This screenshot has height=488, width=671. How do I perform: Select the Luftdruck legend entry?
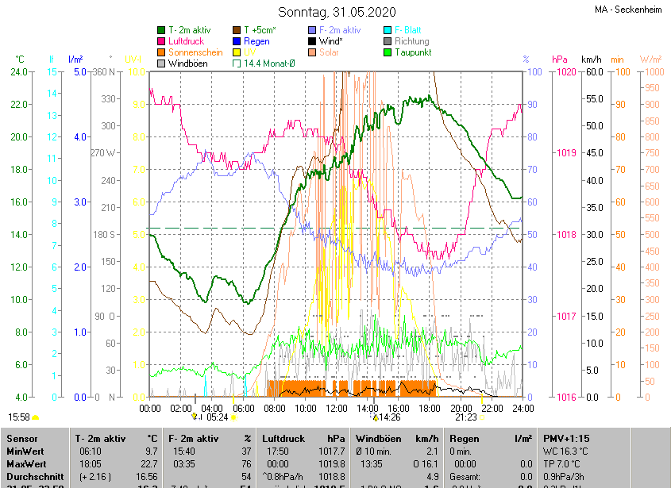186,41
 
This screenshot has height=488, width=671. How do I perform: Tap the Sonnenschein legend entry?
195,52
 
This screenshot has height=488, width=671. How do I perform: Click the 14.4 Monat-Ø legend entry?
269,63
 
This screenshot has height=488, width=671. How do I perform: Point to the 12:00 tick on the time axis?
337,408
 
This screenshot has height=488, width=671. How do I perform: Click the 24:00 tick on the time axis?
522,408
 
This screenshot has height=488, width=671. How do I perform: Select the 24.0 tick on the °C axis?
18,72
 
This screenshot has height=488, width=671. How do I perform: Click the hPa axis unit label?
559,60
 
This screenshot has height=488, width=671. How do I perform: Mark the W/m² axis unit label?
650,60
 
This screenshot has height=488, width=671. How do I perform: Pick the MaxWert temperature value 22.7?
147,464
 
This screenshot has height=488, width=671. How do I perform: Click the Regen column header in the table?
465,438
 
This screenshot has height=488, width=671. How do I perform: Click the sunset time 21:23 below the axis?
466,417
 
